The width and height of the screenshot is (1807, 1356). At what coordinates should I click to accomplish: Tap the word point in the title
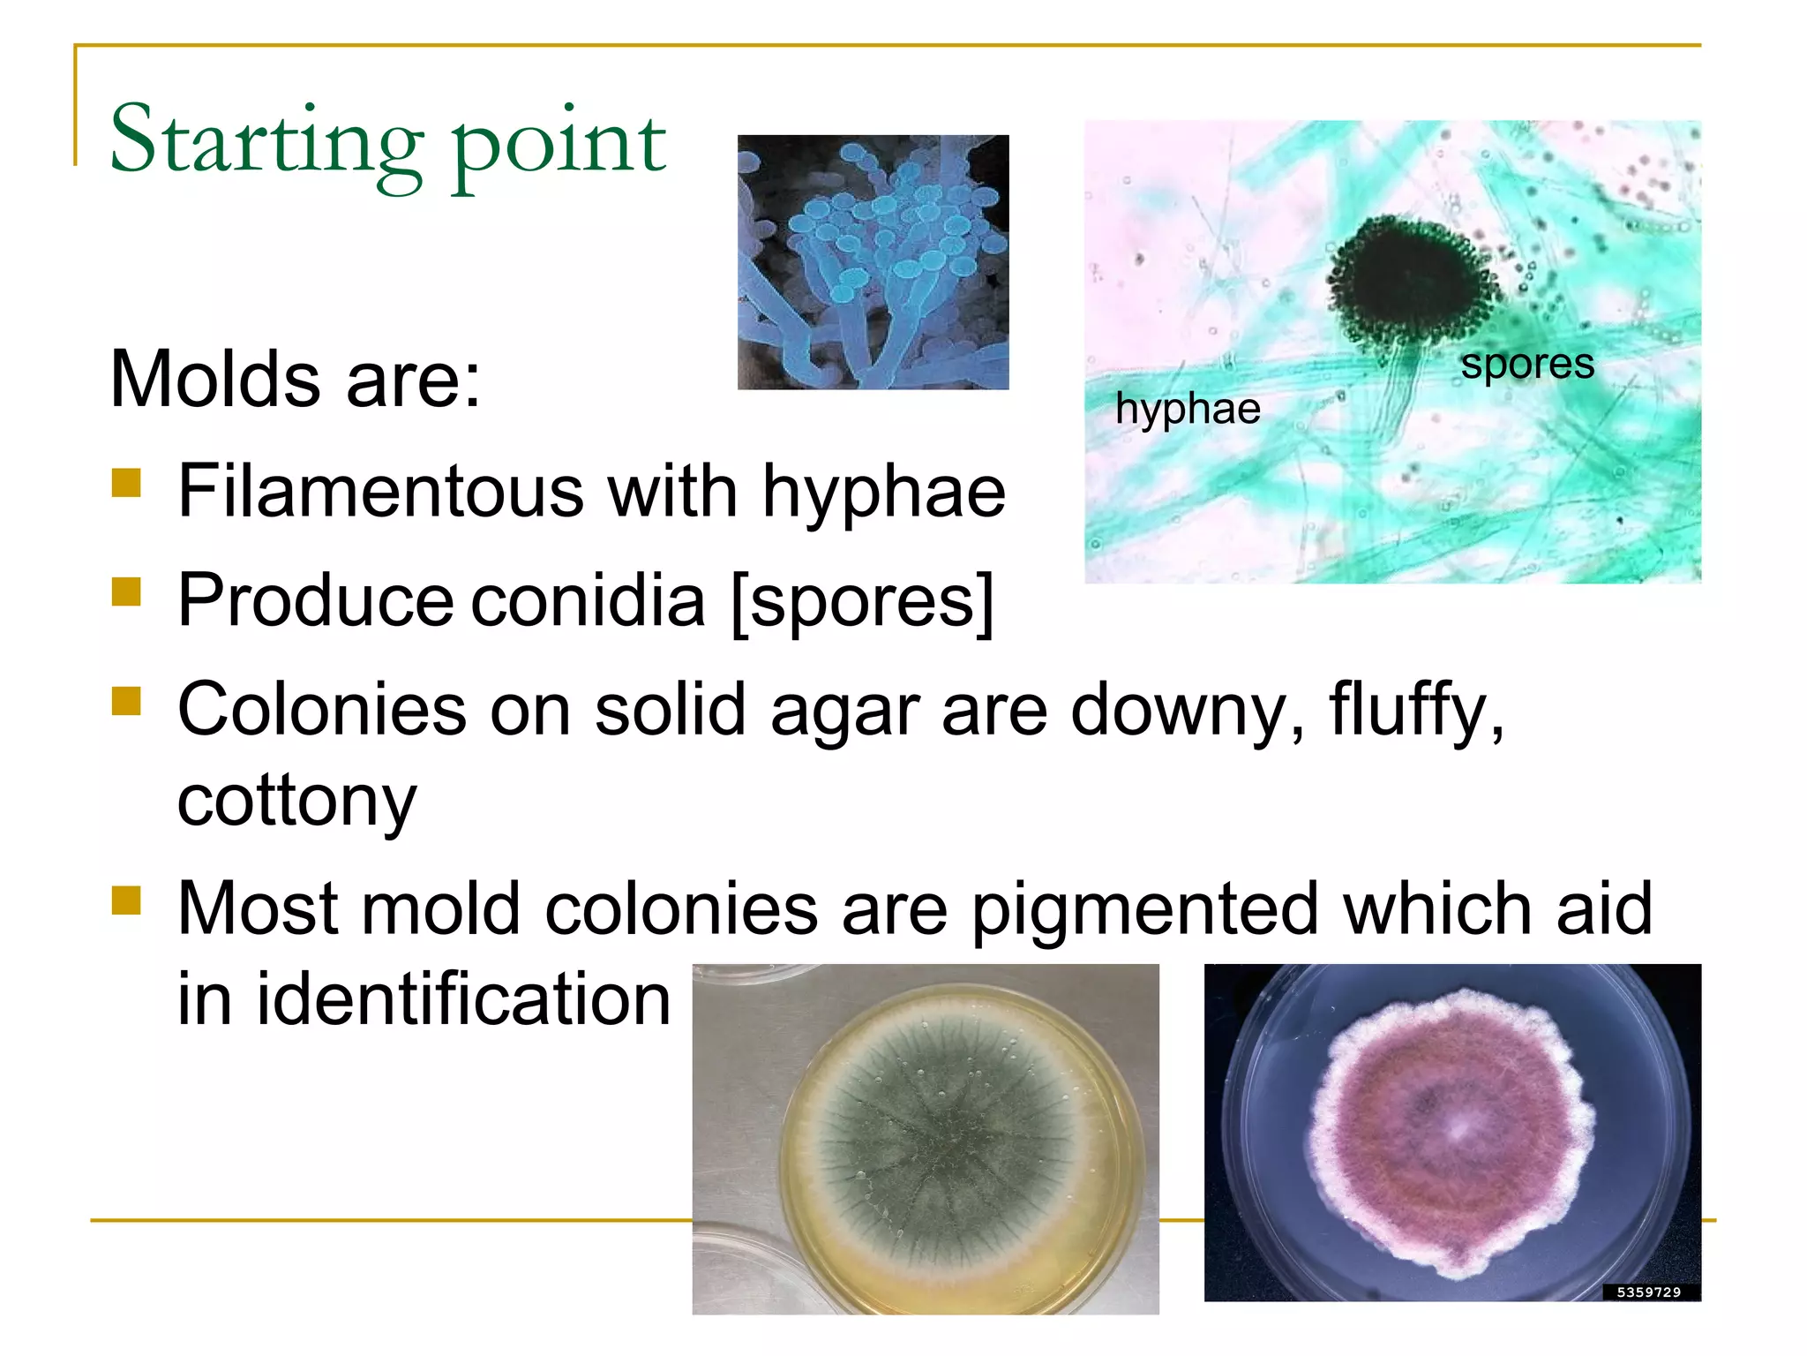[559, 146]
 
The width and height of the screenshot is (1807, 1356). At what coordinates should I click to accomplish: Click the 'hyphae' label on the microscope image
[1187, 409]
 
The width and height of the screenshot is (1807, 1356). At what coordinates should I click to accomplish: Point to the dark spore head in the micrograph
[1410, 281]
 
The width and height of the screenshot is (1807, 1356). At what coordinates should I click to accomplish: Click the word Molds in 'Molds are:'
[214, 380]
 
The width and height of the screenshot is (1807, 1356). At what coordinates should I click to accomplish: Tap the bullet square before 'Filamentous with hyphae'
[127, 483]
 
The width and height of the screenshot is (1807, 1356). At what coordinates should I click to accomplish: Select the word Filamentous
[380, 492]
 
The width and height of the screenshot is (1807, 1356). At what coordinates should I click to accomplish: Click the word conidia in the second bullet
[588, 601]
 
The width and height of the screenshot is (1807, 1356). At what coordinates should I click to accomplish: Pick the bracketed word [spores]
[862, 601]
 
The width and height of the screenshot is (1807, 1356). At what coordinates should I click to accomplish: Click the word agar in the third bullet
[844, 712]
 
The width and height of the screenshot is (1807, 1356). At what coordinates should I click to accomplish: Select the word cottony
[296, 802]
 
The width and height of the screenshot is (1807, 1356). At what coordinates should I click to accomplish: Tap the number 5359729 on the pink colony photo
[1648, 1292]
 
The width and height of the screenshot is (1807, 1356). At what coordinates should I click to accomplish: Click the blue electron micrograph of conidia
[873, 262]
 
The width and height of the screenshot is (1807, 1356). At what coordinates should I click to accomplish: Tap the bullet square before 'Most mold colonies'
[127, 900]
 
